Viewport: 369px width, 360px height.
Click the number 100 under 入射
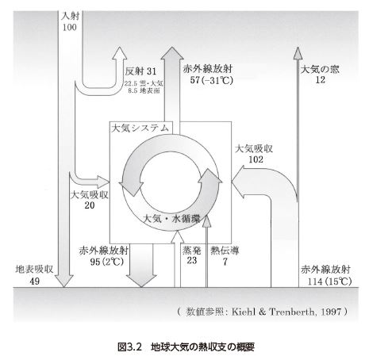pos(69,27)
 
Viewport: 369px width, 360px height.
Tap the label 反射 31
pos(140,71)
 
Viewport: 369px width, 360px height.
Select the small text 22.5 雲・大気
pos(144,84)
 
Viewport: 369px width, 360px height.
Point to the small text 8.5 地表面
pos(144,90)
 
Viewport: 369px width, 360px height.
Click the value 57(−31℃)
pos(212,80)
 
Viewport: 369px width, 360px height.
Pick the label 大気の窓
pos(320,70)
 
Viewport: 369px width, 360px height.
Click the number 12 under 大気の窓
pos(320,79)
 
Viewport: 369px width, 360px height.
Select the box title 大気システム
pos(140,128)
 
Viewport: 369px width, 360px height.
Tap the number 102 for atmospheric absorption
pos(256,159)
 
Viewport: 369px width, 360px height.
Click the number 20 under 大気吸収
pos(90,205)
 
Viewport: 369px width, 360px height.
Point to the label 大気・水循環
pos(171,219)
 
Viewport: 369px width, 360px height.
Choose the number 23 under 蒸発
pos(192,260)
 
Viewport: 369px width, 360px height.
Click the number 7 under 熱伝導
pos(225,262)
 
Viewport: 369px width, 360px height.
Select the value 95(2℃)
pos(107,262)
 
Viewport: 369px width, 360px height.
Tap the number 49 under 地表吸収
pos(34,281)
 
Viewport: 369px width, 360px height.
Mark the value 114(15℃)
pos(329,281)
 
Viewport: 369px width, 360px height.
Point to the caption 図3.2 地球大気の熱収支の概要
pos(186,347)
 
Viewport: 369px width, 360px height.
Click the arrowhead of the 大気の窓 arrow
pos(298,53)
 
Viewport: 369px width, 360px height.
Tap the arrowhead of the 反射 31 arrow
pos(120,53)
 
